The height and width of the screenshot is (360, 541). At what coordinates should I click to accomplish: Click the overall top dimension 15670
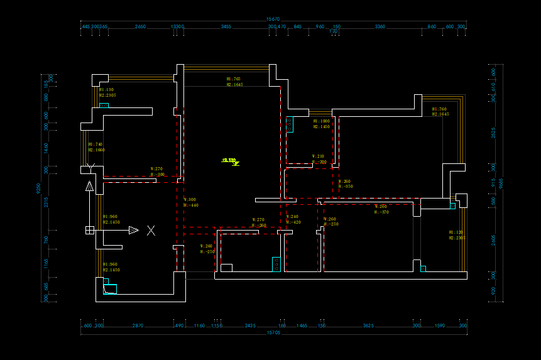point(273,19)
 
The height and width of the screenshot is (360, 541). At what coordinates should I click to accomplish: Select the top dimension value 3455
point(226,27)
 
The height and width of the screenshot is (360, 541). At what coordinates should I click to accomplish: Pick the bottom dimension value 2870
point(138,325)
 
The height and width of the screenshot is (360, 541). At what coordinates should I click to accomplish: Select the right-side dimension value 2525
point(493,133)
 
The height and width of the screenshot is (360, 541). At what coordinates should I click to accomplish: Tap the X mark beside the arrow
point(151,231)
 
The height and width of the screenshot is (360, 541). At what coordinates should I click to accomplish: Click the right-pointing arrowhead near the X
point(133,231)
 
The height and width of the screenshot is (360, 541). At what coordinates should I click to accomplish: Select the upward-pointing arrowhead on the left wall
point(90,186)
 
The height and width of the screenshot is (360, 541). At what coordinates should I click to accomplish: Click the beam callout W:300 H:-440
point(190,202)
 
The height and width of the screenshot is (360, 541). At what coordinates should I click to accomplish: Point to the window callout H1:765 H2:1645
point(234,82)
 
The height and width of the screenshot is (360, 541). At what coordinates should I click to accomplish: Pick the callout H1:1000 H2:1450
point(321,124)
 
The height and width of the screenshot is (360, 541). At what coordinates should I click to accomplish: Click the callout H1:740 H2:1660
point(96,147)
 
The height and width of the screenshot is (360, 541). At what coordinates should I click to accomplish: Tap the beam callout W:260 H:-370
point(381,209)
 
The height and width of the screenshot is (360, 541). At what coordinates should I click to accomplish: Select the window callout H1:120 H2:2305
point(457,235)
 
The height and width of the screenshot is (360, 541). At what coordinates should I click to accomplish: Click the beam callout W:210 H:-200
point(319,159)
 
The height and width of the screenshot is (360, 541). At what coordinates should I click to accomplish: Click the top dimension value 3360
point(380,27)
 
